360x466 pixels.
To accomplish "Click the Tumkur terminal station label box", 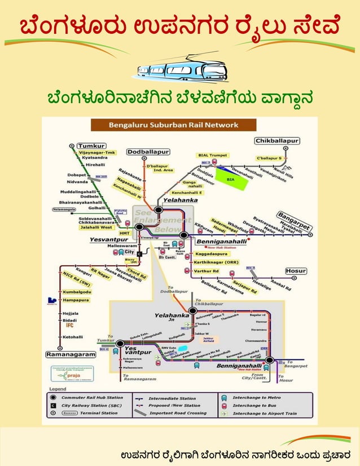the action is click(91, 145).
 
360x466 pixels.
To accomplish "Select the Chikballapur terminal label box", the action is click(277, 140).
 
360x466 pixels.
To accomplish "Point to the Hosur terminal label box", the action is click(296, 271).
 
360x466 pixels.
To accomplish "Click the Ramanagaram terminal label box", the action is click(71, 354).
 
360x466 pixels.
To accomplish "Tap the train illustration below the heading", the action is click(179, 71).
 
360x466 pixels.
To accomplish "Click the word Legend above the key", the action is click(58, 389).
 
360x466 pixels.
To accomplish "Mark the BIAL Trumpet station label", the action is click(212, 155).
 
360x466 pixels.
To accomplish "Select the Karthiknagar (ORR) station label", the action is click(216, 263).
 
